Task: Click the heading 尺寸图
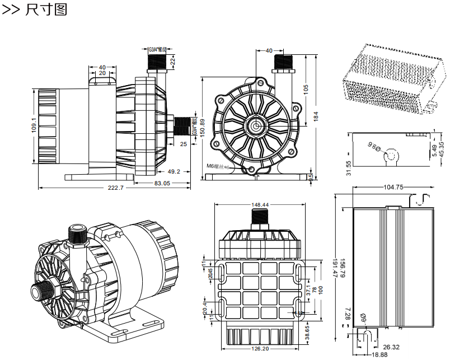point(46,10)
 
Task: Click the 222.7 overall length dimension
point(115,188)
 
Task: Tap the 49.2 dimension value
point(174,172)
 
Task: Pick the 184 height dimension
point(316,117)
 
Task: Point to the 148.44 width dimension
point(260,205)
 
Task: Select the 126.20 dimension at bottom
point(260,349)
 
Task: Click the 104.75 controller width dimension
point(394,187)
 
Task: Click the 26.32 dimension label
point(392,347)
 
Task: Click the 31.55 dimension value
point(349,168)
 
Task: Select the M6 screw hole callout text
point(218,166)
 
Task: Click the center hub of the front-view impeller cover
point(256,125)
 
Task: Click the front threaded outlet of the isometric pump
point(41,292)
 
